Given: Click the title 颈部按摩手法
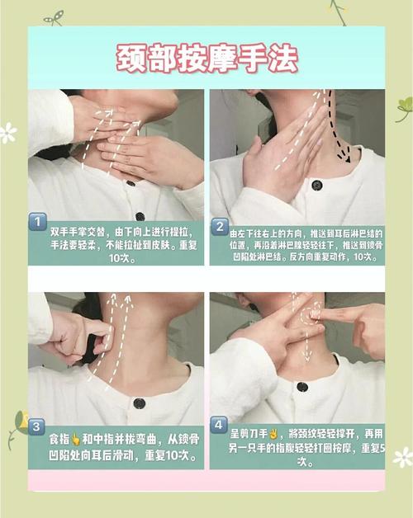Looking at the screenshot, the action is (x=207, y=58).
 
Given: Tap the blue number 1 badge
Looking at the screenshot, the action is (x=38, y=222).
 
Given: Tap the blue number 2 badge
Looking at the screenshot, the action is (x=220, y=227).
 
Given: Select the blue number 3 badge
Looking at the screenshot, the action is (x=36, y=426).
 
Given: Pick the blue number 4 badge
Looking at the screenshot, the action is (x=218, y=425).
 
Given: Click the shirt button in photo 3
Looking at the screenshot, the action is (x=139, y=403).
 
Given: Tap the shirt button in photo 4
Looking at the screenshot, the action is (x=302, y=387).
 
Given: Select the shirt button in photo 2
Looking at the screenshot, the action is (x=317, y=185).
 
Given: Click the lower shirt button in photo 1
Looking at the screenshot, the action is (x=140, y=216).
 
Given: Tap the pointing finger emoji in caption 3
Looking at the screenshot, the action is (x=76, y=439).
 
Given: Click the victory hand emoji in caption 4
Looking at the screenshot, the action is (x=273, y=433).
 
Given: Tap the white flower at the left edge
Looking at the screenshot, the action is (x=7, y=133).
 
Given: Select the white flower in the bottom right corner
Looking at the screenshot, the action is (x=403, y=457).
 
